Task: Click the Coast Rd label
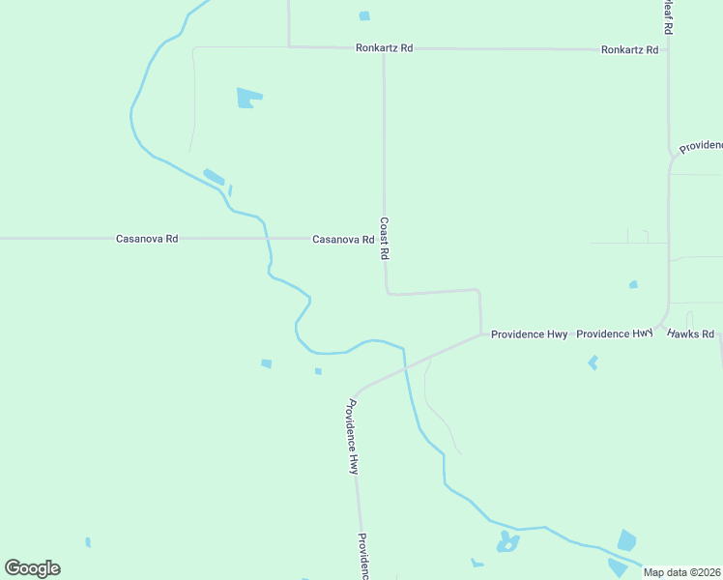tap(384, 238)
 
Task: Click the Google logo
tap(32, 568)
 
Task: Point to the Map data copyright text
tap(682, 572)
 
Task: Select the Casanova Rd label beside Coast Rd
tap(343, 239)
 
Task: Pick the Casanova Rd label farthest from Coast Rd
tap(147, 238)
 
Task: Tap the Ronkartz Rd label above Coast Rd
tap(384, 48)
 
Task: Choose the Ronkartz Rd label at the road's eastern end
tap(629, 49)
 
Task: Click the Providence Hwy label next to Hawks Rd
tap(615, 333)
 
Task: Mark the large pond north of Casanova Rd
tap(248, 98)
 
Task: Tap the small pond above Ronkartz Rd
tap(364, 15)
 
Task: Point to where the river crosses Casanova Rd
tap(265, 238)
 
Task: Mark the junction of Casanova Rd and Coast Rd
tap(384, 238)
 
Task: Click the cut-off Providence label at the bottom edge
tap(364, 555)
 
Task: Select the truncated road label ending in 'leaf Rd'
tap(667, 17)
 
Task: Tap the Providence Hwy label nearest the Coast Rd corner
tap(529, 334)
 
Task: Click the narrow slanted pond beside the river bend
tap(214, 177)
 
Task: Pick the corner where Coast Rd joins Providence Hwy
tap(481, 334)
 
